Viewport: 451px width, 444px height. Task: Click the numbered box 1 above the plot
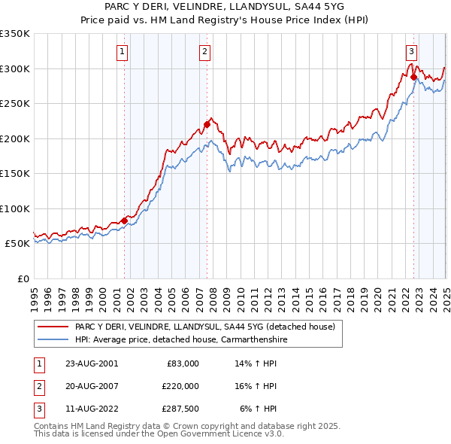pyautogui.click(x=122, y=52)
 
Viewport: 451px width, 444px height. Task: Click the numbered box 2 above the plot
pyautogui.click(x=204, y=52)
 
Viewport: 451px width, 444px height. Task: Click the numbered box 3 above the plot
pyautogui.click(x=412, y=52)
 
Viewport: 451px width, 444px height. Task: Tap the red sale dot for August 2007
pyautogui.click(x=207, y=125)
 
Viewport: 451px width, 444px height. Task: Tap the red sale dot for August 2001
pyautogui.click(x=125, y=220)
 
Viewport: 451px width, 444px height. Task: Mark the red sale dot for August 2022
pyautogui.click(x=414, y=78)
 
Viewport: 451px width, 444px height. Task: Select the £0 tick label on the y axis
pyautogui.click(x=23, y=278)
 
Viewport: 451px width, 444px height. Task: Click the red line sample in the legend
pyautogui.click(x=53, y=326)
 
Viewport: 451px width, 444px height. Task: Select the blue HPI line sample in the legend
pyautogui.click(x=53, y=339)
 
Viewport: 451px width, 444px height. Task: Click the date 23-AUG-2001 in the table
pyautogui.click(x=92, y=363)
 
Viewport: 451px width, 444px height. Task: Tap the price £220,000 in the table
pyautogui.click(x=180, y=386)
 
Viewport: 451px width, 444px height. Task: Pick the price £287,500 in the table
pyautogui.click(x=180, y=409)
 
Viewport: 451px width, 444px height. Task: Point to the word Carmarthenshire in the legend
pyautogui.click(x=254, y=339)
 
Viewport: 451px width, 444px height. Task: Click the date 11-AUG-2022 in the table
pyautogui.click(x=92, y=409)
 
